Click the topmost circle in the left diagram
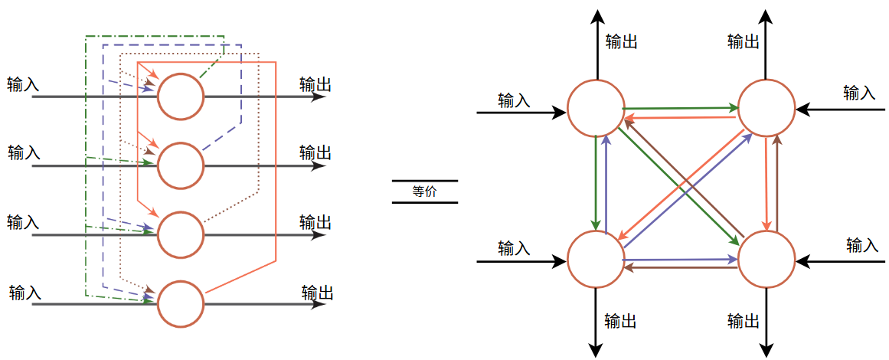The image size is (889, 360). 181,97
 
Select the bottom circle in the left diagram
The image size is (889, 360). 181,303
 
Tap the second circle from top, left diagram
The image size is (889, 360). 181,165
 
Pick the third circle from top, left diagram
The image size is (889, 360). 181,234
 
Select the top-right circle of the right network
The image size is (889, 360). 766,109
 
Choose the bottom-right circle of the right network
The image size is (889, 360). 766,259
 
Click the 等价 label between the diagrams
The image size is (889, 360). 424,192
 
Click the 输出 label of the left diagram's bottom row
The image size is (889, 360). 317,293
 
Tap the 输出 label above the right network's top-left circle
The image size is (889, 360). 621,41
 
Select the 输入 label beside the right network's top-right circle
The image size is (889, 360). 859,93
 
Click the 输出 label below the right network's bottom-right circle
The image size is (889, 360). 744,321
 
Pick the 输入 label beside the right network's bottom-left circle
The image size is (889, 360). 514,248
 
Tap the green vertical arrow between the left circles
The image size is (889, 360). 596,184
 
